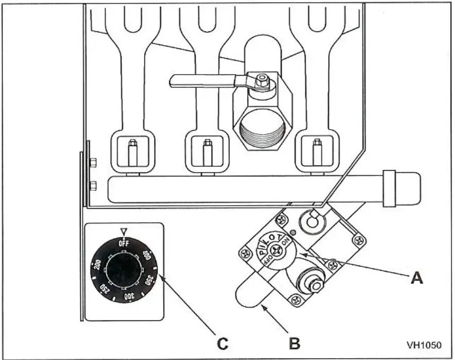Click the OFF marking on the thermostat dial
click(x=123, y=243)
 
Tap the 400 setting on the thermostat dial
click(x=145, y=255)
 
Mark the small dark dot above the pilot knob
click(x=292, y=232)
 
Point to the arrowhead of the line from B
click(x=263, y=307)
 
